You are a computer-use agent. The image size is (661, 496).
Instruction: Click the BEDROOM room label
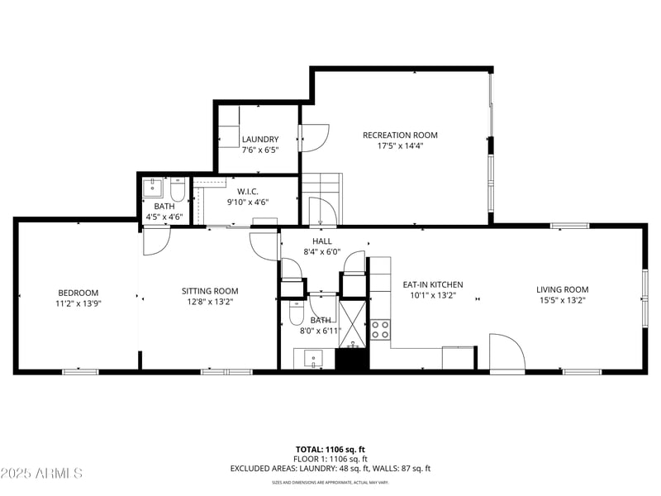78,293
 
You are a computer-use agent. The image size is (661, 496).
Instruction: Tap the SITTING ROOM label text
210,291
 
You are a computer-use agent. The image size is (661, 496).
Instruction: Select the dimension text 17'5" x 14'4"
400,145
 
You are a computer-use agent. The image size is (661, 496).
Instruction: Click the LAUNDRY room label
260,140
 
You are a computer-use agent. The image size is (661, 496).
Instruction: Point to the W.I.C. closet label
248,191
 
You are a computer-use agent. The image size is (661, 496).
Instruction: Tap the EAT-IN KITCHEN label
433,284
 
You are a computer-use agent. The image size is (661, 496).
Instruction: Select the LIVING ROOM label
562,289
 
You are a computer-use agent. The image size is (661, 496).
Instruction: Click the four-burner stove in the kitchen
380,330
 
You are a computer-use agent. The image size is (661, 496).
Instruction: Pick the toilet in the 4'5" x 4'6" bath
178,189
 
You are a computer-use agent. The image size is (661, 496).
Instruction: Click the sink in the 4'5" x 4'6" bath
153,187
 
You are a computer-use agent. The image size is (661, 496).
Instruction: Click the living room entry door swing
507,353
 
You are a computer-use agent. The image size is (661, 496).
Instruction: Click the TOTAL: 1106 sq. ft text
330,449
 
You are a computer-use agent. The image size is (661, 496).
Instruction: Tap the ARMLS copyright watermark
41,474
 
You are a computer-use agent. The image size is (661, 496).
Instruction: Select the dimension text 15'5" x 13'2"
562,302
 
